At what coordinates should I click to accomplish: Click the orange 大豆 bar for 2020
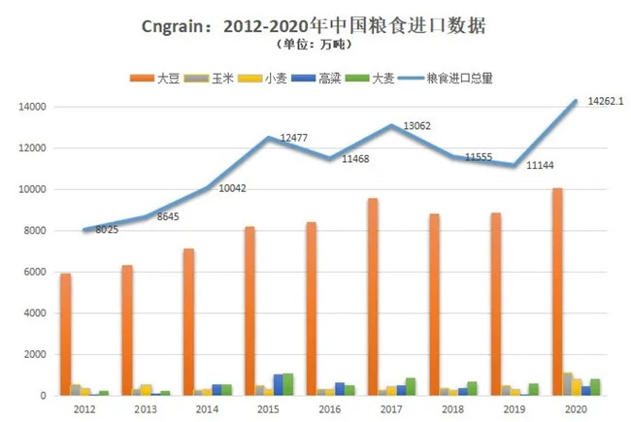557,291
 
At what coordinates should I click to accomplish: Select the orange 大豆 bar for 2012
65,334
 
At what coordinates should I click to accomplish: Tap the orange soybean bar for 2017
373,296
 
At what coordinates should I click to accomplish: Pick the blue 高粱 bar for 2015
279,384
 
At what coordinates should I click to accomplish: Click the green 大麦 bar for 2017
411,386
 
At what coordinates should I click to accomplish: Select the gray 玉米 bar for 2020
568,383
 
